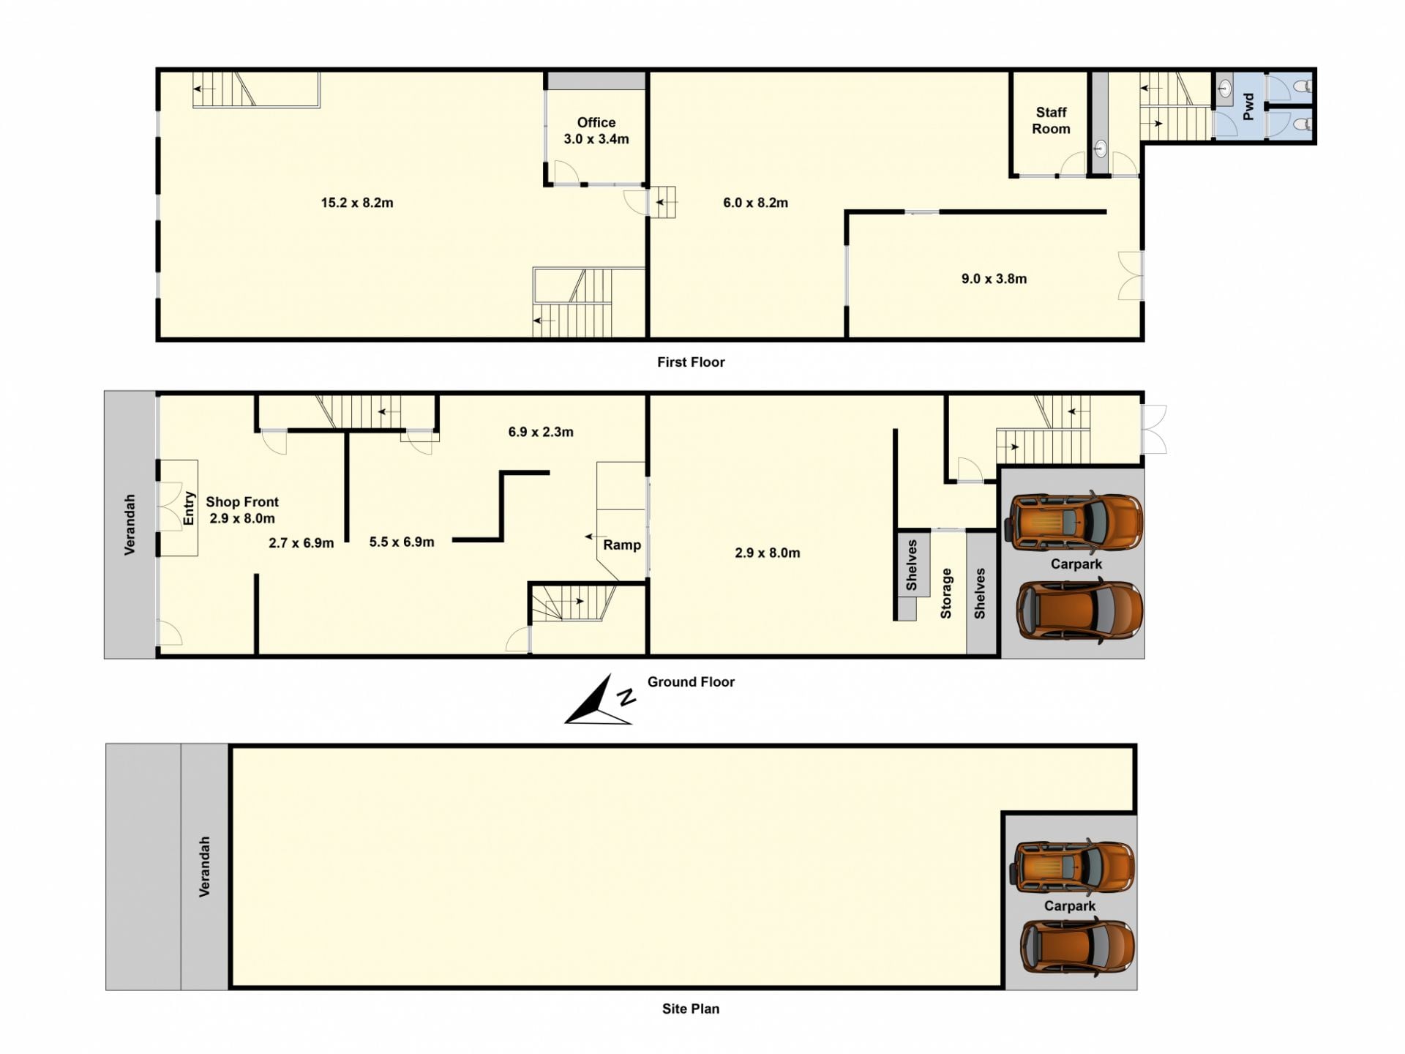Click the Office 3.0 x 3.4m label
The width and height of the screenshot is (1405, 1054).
(x=596, y=131)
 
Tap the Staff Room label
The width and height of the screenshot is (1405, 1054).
(x=1051, y=121)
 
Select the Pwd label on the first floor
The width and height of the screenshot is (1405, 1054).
(x=1248, y=107)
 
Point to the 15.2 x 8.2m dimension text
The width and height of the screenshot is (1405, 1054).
(x=357, y=203)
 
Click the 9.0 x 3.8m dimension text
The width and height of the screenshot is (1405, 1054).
(x=994, y=279)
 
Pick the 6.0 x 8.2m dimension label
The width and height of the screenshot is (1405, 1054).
(x=755, y=203)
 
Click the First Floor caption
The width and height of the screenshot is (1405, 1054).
(x=691, y=362)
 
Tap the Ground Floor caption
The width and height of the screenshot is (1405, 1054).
(x=691, y=681)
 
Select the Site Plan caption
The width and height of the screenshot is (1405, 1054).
(x=691, y=1009)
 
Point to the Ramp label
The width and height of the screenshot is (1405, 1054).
(x=622, y=545)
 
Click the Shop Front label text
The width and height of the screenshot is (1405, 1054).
(x=242, y=501)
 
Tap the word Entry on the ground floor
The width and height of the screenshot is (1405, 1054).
(x=189, y=508)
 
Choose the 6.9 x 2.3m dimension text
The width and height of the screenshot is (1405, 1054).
(x=541, y=432)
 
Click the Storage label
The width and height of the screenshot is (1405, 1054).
(x=945, y=594)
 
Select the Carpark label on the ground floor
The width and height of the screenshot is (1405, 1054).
(x=1076, y=564)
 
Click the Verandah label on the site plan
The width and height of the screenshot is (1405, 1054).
(x=205, y=867)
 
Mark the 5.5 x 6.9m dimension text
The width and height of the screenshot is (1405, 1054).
(x=402, y=542)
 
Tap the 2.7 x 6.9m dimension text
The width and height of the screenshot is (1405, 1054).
(x=301, y=543)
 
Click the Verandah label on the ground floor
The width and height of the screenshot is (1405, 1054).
(x=130, y=525)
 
